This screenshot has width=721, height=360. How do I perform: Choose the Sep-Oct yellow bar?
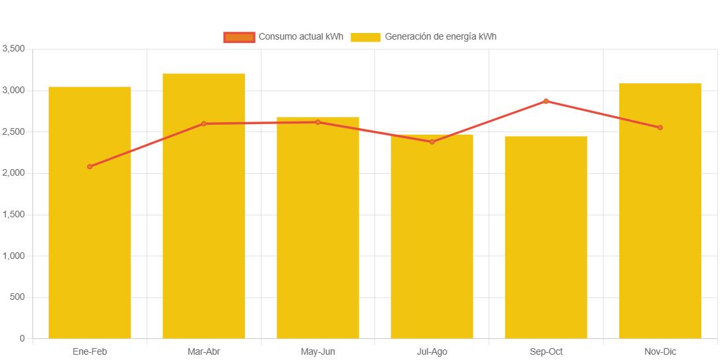click(x=546, y=238)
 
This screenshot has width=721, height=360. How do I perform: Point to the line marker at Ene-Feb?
click(x=90, y=166)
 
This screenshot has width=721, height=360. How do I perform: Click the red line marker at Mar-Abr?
click(x=203, y=124)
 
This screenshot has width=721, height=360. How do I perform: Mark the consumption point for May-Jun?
click(x=318, y=122)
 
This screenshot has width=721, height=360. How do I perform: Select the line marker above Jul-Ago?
click(x=432, y=142)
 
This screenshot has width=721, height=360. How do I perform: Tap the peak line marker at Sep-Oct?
click(x=546, y=101)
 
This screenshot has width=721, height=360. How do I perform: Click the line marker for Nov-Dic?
click(x=660, y=127)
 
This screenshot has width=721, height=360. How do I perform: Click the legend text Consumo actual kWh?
click(x=300, y=37)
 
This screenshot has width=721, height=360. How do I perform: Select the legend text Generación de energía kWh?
click(x=440, y=37)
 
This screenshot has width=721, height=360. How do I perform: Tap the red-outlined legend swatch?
click(x=239, y=37)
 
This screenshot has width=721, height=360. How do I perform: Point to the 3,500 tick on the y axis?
click(x=13, y=49)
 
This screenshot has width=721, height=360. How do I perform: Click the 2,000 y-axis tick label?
click(x=13, y=173)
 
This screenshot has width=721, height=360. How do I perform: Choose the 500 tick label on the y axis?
click(x=17, y=297)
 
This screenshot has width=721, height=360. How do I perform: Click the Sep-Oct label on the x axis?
click(x=546, y=351)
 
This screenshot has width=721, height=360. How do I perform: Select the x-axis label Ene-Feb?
click(x=90, y=351)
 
